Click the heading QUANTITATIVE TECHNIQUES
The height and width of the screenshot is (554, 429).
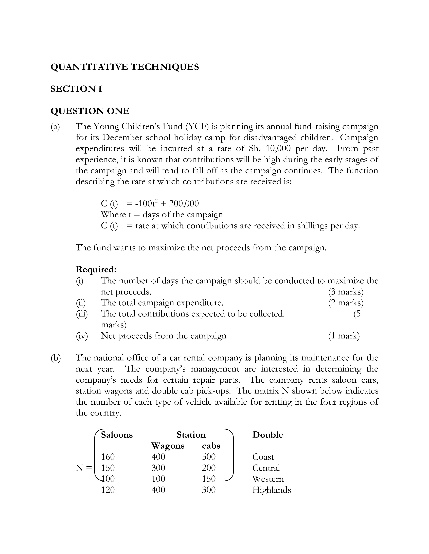coord(124,67)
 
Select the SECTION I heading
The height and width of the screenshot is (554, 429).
coord(76,89)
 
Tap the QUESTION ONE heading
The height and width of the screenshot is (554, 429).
coord(90,111)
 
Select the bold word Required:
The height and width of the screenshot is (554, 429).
coord(96,269)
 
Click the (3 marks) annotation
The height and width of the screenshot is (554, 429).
coord(346,292)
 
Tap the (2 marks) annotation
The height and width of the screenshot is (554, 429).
coord(346,303)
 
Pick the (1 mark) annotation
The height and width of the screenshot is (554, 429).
coord(344,336)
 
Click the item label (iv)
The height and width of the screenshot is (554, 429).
coord(82,336)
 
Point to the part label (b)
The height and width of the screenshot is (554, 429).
coord(56,358)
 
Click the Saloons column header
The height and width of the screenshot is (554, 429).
coord(117,435)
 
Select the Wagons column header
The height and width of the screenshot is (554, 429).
coord(168,446)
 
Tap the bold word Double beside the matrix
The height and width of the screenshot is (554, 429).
coord(267,435)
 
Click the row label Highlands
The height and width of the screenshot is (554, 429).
coord(271,490)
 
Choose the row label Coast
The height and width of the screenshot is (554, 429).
coord(263,457)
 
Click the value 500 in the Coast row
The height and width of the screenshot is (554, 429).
coord(209,457)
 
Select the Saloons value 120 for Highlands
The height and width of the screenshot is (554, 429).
coord(108,490)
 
